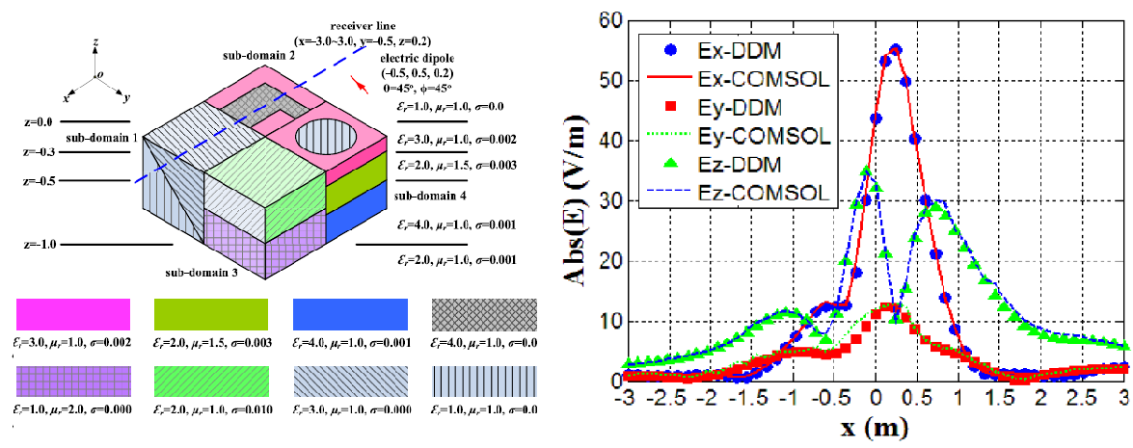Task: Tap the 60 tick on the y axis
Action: pyautogui.click(x=607, y=19)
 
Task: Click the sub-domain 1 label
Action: pyautogui.click(x=94, y=139)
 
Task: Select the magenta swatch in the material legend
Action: pyautogui.click(x=73, y=315)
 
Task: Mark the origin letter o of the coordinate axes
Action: pyautogui.click(x=99, y=74)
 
